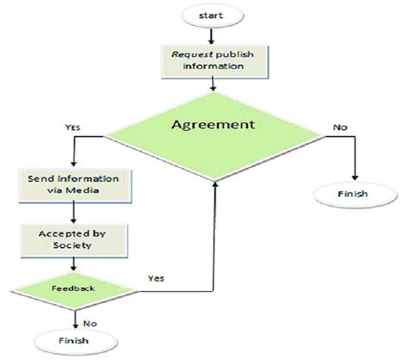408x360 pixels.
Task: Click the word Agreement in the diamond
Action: coord(214,124)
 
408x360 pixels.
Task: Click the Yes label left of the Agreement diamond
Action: coord(71,127)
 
